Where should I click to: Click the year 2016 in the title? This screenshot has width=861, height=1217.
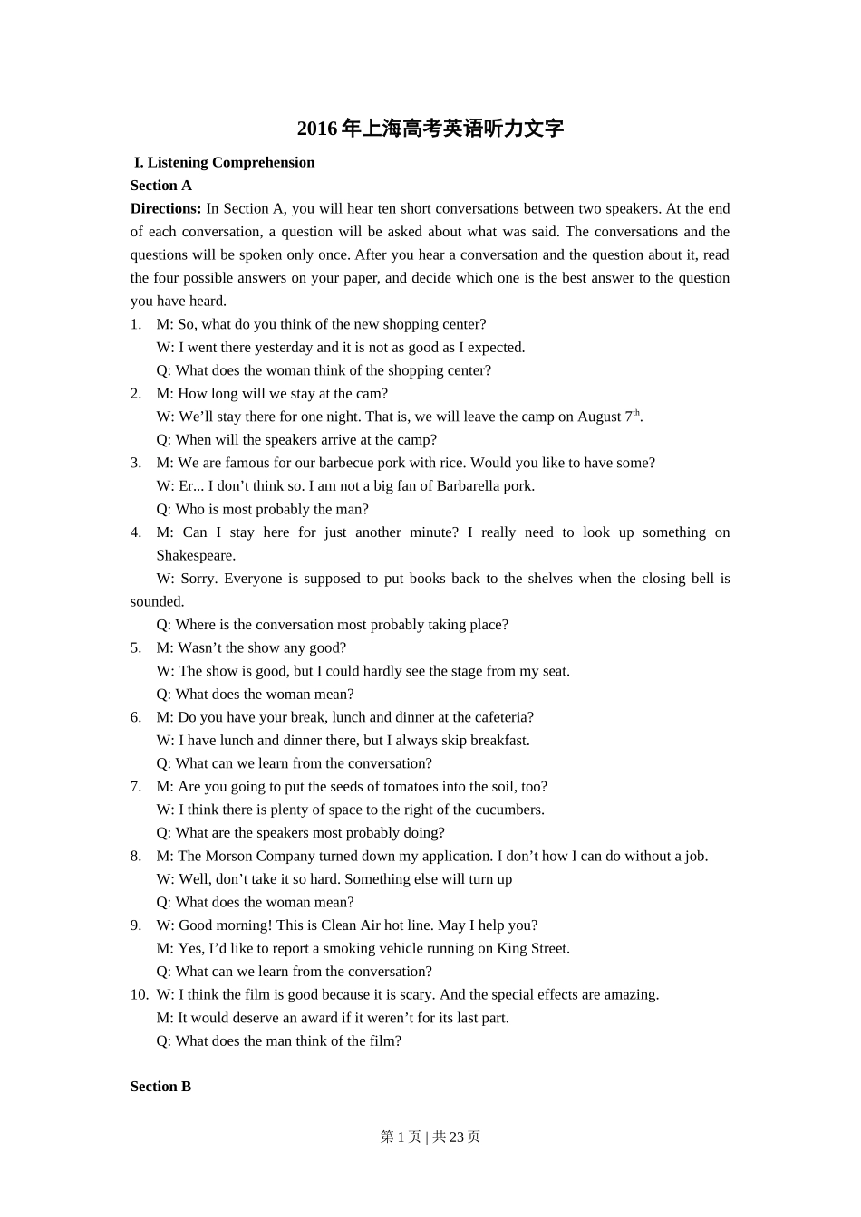[x=317, y=129]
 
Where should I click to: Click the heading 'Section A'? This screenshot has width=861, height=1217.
[x=161, y=186]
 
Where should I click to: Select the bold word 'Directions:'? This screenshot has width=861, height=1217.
[x=166, y=208]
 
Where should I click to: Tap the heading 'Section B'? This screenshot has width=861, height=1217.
[x=161, y=1087]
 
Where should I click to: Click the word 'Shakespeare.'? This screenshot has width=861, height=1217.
[x=196, y=555]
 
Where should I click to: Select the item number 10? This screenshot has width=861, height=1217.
[x=139, y=994]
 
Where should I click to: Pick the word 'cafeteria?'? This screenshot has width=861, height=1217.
[x=502, y=717]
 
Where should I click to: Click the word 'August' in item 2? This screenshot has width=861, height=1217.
[x=599, y=417]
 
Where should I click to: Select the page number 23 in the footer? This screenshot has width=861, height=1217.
[x=457, y=1136]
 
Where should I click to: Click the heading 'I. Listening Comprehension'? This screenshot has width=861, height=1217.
[x=225, y=163]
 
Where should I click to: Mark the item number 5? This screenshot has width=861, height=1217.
[x=136, y=647]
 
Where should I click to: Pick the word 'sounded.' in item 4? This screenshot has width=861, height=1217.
[x=158, y=601]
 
